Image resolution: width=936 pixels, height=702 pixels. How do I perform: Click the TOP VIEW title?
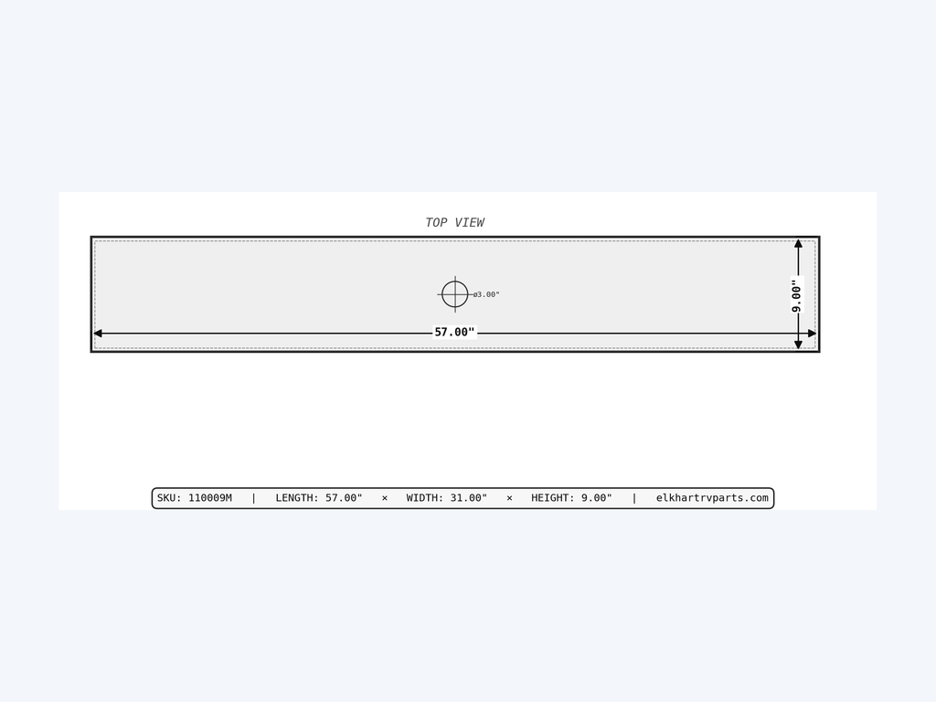point(454,223)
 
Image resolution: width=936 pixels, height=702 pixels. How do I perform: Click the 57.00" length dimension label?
point(454,332)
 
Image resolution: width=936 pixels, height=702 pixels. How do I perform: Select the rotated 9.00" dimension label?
point(796,294)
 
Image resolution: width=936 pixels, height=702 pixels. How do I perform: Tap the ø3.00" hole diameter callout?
point(486,294)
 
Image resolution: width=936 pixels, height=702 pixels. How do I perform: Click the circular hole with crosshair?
point(455,294)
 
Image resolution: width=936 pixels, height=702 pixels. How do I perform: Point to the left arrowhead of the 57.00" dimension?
point(98,333)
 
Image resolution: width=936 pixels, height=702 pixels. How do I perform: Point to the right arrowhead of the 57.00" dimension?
point(812,333)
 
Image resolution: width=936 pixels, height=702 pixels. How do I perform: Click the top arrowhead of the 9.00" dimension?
point(798,243)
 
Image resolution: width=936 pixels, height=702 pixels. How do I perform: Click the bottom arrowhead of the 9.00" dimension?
point(798,345)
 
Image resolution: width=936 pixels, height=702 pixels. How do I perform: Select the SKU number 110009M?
point(210,498)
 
